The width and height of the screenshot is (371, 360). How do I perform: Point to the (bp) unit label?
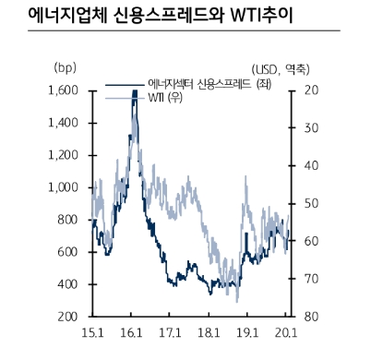point(66,67)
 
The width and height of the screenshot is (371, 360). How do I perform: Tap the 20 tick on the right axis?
point(309,90)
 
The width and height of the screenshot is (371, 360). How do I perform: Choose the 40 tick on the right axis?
point(309,166)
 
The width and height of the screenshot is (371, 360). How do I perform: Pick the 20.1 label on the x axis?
point(285,331)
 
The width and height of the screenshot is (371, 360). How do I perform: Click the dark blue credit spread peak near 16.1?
point(135,92)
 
